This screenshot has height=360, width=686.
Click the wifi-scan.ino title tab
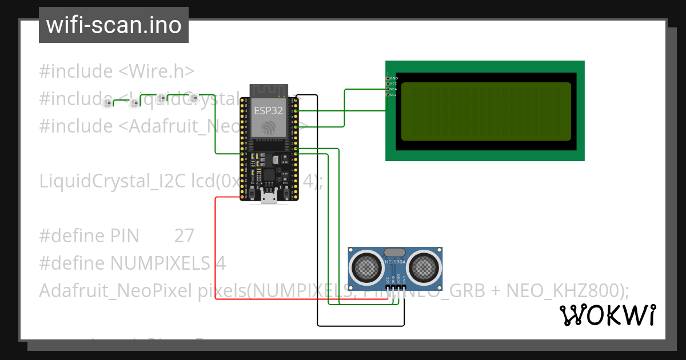(x=113, y=25)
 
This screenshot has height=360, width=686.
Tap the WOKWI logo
(x=607, y=315)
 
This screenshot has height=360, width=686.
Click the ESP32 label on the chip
(x=268, y=111)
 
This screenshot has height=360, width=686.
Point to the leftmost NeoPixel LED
(x=106, y=103)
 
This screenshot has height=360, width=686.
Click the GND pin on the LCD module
(x=388, y=78)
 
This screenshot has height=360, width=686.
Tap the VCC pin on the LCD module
(x=388, y=83)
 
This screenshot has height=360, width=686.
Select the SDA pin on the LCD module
(x=388, y=89)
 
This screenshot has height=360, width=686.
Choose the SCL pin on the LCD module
(x=388, y=95)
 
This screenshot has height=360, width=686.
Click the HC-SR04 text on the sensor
(x=395, y=262)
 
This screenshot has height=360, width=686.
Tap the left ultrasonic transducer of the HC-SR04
(x=366, y=266)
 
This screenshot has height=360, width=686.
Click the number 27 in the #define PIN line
(x=184, y=236)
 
